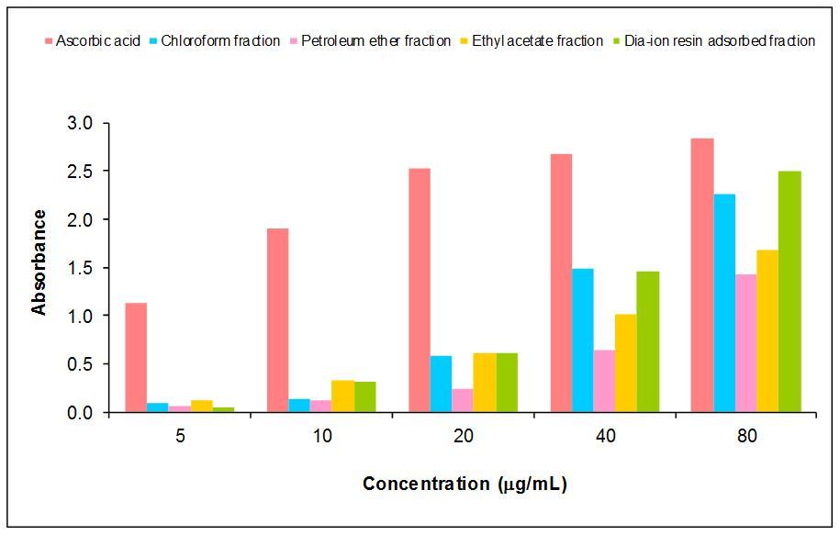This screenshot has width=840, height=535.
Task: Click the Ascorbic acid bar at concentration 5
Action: [136, 357]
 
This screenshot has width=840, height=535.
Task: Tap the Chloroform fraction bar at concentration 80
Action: [724, 303]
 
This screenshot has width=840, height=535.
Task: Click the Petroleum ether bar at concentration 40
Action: [604, 381]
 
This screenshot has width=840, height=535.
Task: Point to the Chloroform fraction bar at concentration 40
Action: [583, 340]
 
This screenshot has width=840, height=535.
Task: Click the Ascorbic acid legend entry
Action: [92, 41]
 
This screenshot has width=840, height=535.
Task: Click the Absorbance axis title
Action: [39, 262]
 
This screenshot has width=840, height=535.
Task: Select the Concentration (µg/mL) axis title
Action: [465, 484]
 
